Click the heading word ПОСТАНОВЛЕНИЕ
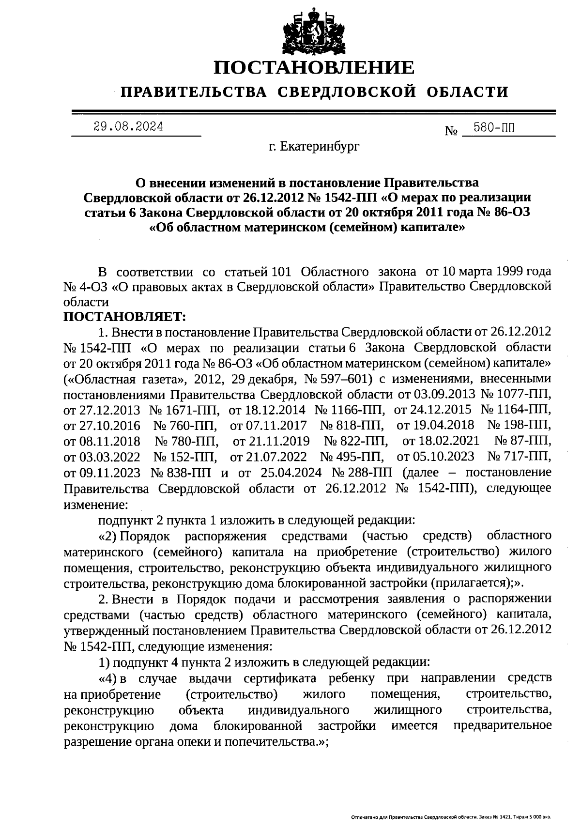pos(314,67)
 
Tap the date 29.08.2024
pos(128,127)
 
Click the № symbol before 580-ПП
pos(451,131)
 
